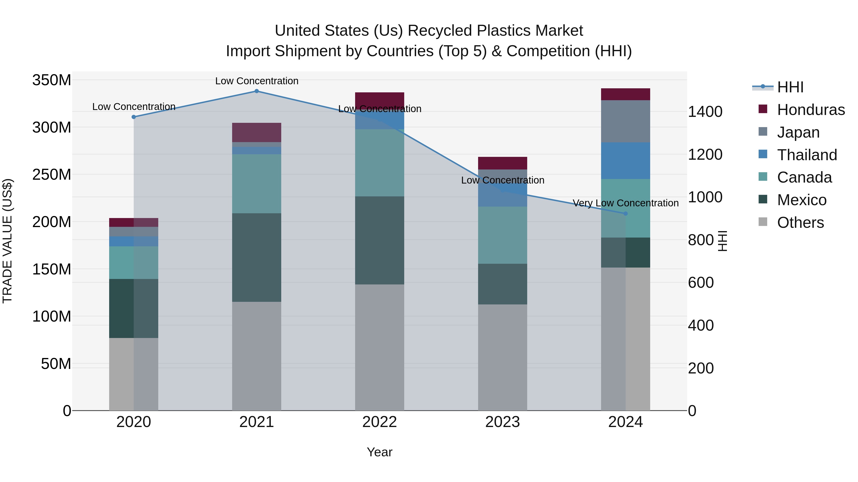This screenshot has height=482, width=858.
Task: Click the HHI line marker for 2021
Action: [256, 91]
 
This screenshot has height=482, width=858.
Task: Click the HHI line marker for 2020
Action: [133, 117]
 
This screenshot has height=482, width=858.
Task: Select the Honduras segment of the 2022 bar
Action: [379, 99]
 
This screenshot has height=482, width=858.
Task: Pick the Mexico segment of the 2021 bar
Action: [256, 258]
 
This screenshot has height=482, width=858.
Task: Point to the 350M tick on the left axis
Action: [52, 80]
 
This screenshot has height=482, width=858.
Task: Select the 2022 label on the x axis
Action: [379, 422]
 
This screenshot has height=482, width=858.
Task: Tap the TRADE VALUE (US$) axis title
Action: [7, 241]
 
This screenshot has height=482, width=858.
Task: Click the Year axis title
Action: [379, 452]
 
